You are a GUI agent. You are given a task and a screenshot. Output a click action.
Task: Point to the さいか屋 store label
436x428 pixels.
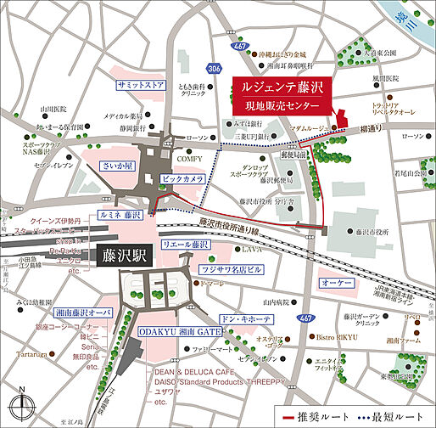click(119, 167)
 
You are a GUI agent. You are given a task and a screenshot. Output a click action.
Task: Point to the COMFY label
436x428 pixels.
click(188, 158)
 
